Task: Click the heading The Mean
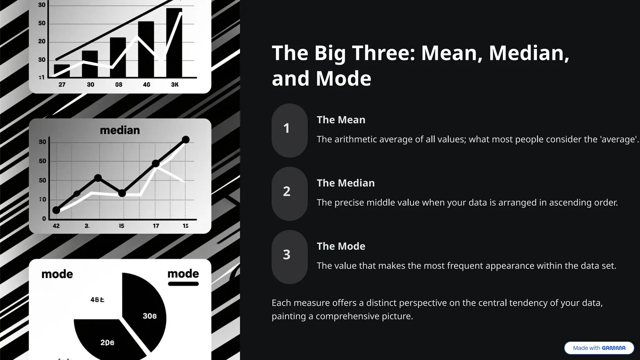point(341,120)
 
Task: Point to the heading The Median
point(346,183)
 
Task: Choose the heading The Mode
point(341,246)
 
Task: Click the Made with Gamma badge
point(599,348)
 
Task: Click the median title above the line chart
point(120,130)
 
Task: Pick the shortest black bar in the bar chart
point(62,71)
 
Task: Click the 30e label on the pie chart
point(149,316)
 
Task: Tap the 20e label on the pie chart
point(107,342)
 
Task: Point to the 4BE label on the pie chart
point(97,300)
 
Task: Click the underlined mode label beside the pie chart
point(183,274)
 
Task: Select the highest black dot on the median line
point(186,140)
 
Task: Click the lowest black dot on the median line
point(56,210)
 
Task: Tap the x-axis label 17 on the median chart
point(156,226)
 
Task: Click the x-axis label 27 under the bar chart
point(62,84)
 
